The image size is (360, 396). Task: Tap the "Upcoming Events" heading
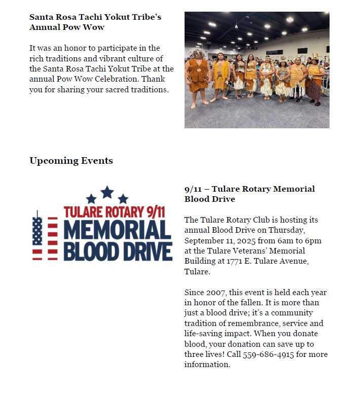pyautogui.click(x=71, y=161)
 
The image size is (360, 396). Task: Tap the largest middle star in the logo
pyautogui.click(x=107, y=192)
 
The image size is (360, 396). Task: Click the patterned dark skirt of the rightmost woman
pyautogui.click(x=314, y=90)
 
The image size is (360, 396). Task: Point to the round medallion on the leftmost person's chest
pyautogui.click(x=199, y=69)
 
